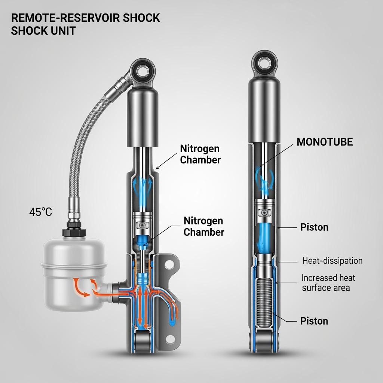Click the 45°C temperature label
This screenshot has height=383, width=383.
[41, 212]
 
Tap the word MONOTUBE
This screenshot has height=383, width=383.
[325, 142]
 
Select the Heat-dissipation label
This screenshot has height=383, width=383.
[332, 261]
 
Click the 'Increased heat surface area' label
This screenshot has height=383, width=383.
[328, 283]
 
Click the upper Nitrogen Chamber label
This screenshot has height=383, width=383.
[200, 154]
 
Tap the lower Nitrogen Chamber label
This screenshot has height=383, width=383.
[204, 226]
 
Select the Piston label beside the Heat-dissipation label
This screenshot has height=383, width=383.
[314, 227]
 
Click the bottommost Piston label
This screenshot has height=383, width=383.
[314, 321]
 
